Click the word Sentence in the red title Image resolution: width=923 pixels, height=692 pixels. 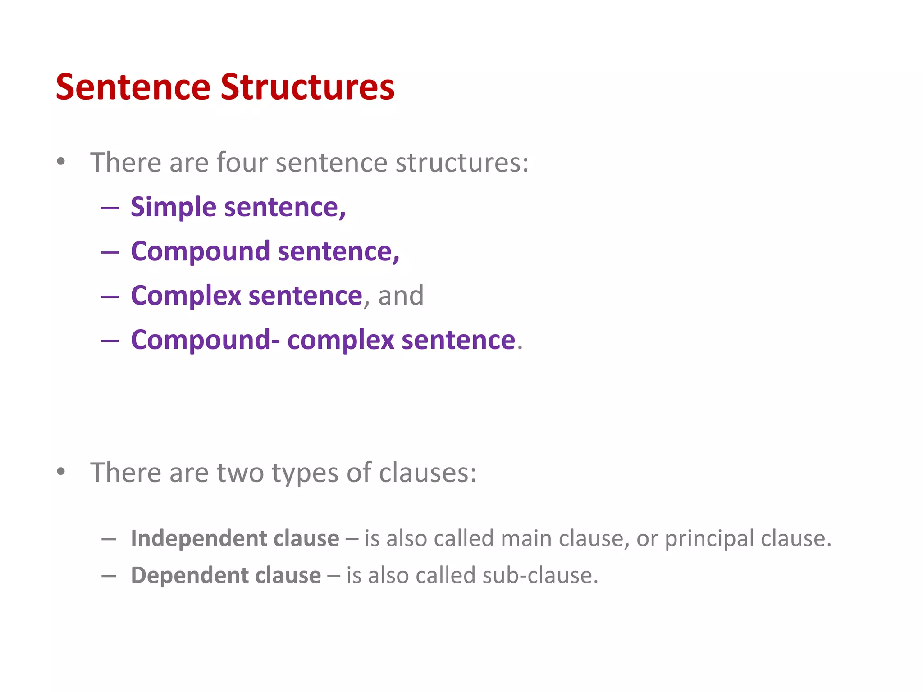tap(133, 87)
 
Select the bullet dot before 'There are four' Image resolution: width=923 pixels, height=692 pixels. tap(61, 161)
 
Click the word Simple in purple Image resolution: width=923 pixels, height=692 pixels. tap(174, 208)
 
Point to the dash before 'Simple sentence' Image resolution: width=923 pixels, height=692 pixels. tap(110, 209)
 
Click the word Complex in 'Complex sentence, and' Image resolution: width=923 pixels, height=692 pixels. tap(186, 296)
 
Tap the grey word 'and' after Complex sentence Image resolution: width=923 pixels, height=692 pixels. tap(401, 296)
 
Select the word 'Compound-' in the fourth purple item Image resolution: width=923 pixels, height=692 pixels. tap(205, 340)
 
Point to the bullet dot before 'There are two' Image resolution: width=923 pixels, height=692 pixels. tap(61, 472)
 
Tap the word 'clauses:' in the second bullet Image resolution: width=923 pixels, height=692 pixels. tap(427, 473)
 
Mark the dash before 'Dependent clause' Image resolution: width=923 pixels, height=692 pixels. tap(109, 576)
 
